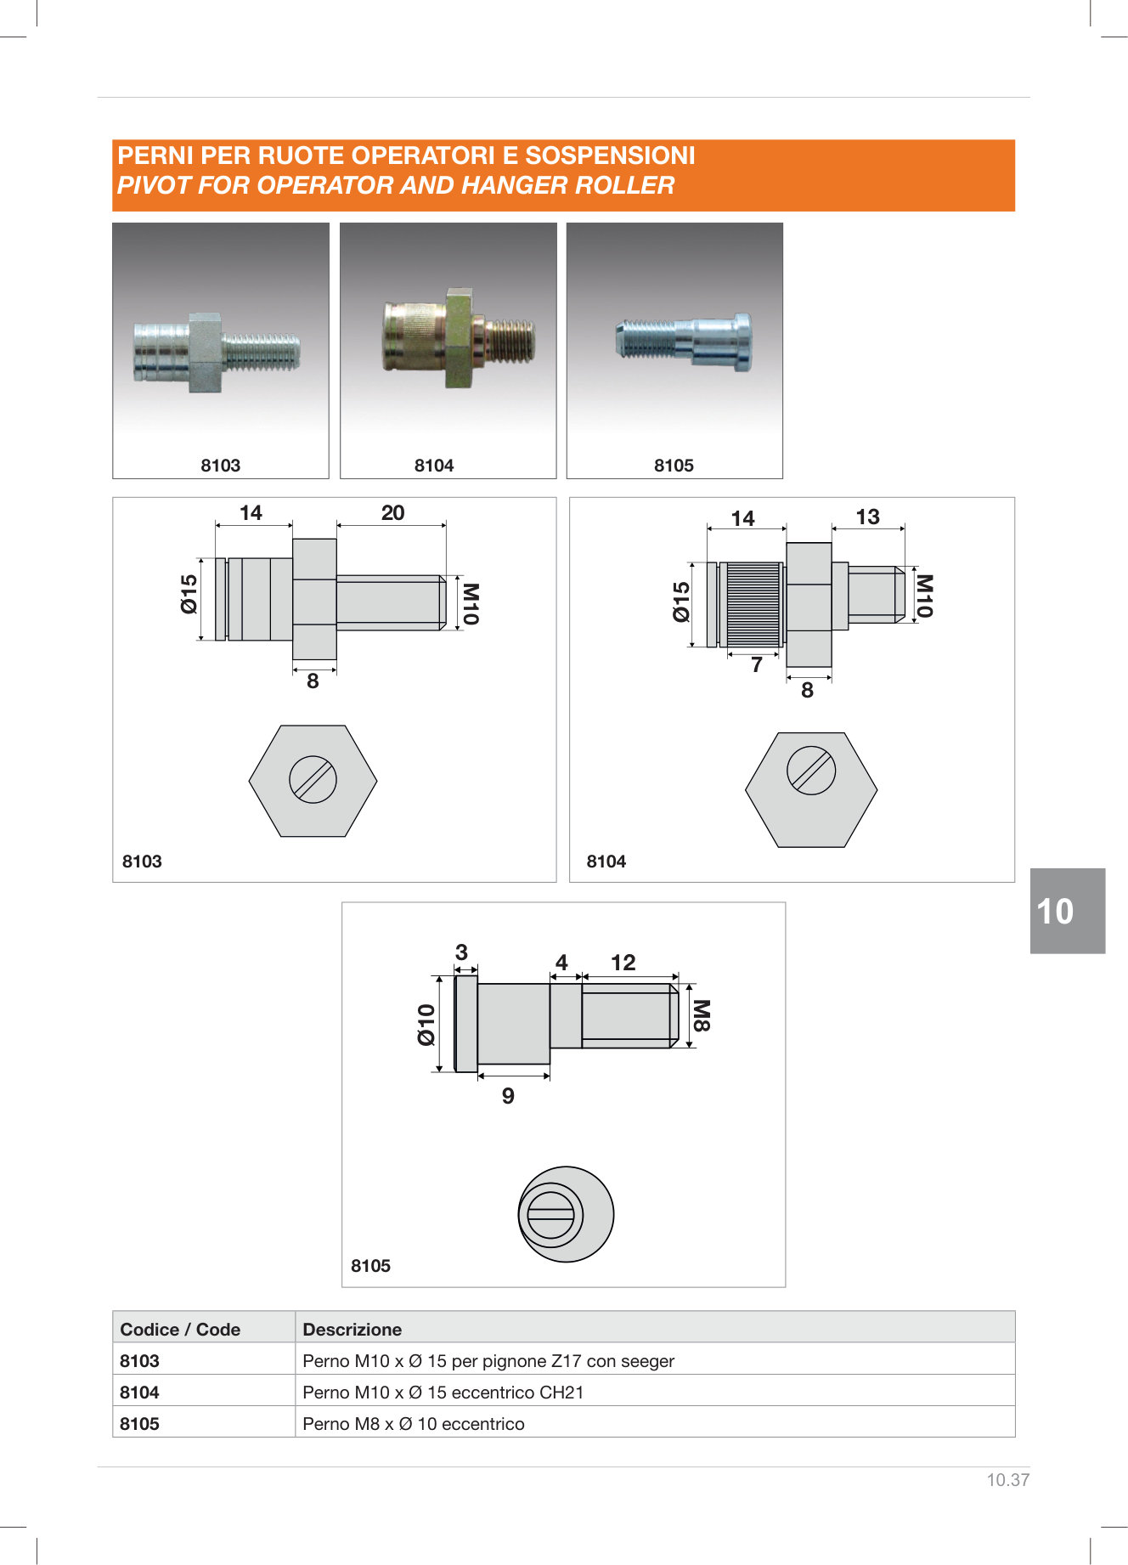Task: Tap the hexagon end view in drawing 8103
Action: click(313, 781)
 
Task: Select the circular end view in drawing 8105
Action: click(566, 1213)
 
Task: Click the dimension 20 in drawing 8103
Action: click(392, 512)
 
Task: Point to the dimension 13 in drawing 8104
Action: click(867, 517)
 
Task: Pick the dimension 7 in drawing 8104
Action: click(757, 665)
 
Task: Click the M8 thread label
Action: click(702, 1015)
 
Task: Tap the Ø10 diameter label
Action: click(426, 1024)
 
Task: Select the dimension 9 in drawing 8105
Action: click(508, 1096)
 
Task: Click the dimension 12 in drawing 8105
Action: click(623, 963)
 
